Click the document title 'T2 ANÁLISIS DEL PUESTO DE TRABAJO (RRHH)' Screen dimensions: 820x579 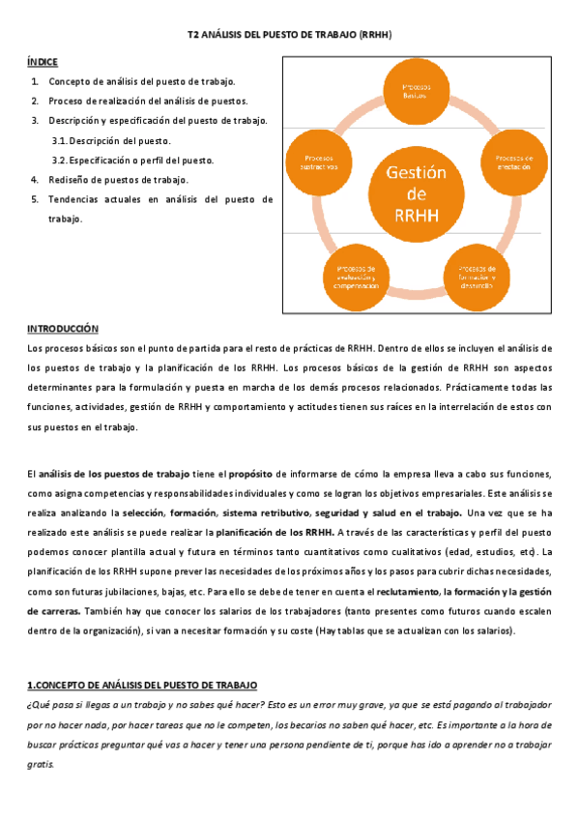(289, 35)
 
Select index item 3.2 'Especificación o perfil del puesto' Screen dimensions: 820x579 (132, 160)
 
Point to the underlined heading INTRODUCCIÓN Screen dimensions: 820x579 (63, 329)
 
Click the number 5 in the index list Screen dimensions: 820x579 (35, 199)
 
